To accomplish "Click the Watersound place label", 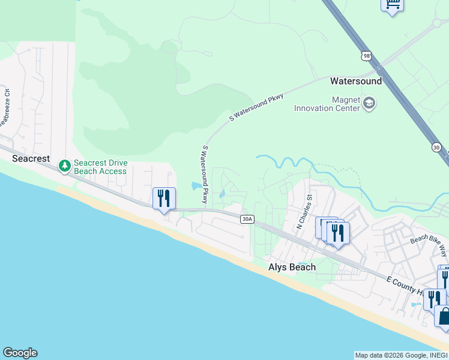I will point(355,80).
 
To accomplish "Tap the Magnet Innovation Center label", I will point(327,104).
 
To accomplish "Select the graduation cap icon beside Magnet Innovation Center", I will point(369,104).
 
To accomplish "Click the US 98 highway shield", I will point(366,56).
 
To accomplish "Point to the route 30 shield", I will point(436,147).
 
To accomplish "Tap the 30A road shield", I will point(247,219).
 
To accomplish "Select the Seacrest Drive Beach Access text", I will point(100,167).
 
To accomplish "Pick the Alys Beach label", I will point(291,268).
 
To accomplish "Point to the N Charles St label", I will point(304,212).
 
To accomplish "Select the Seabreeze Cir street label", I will point(5,107).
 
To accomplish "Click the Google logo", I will point(20,353).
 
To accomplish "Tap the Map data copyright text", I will point(401,355).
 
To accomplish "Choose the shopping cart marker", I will point(392,5).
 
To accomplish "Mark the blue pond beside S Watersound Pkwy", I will point(197,186).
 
